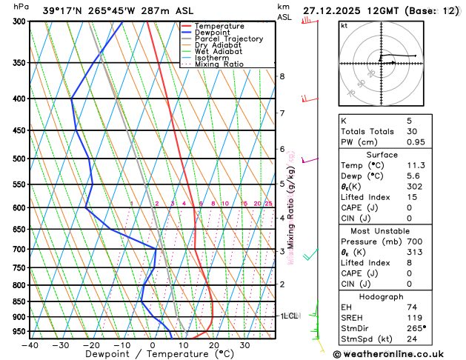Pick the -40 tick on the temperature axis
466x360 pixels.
tap(30, 345)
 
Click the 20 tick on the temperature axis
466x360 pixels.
tap(213, 345)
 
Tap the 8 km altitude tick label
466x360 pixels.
tap(282, 76)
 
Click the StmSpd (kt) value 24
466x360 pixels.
tap(412, 341)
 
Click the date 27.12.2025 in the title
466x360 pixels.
tap(337, 11)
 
